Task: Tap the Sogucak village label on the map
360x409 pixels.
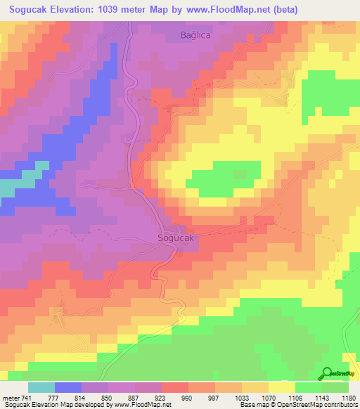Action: tap(174, 238)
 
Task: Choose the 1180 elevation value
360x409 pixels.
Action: tap(348, 397)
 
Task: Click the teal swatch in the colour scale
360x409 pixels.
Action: tap(41, 387)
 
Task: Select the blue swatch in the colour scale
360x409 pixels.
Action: tap(68, 387)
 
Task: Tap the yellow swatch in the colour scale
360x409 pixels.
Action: tap(281, 387)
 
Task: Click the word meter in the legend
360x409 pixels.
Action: tap(11, 397)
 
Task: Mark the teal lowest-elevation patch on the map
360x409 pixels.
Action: tap(8, 188)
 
